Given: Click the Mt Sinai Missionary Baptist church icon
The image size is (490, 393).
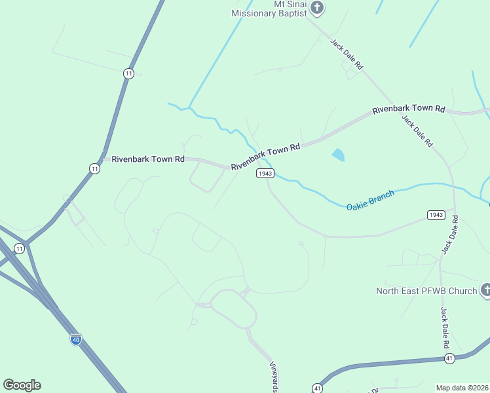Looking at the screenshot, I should pos(318,8).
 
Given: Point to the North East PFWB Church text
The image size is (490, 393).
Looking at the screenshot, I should pos(426,291).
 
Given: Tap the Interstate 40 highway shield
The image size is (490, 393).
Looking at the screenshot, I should pos(76,339).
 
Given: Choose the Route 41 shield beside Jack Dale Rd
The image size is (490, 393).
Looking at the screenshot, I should pos(449,358).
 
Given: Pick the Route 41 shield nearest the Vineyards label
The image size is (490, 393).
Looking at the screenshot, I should pos(317,387).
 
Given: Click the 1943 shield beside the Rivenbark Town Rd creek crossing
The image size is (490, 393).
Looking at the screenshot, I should pos(265,173).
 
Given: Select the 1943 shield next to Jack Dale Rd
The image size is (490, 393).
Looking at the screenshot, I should pos(436,215).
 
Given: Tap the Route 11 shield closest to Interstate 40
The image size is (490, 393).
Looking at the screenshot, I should pos(19,248).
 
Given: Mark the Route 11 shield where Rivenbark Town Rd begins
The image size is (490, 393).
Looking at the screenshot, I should pos(95,169).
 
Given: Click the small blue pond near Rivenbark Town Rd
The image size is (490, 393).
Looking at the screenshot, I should pos(338,155).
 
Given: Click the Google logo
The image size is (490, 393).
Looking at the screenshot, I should pos(22,385).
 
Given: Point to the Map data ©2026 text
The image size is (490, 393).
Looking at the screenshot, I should pos(462,388).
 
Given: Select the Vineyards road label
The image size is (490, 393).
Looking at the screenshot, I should pos(275,377).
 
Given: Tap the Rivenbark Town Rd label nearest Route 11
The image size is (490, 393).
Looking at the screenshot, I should pos(148,159).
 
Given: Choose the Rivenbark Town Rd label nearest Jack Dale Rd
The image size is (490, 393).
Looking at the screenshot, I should pos(409,109).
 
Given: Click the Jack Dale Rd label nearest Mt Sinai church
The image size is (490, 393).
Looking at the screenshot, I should pos(347,55).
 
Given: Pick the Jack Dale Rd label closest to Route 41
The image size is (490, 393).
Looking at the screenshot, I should pos(445,327).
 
